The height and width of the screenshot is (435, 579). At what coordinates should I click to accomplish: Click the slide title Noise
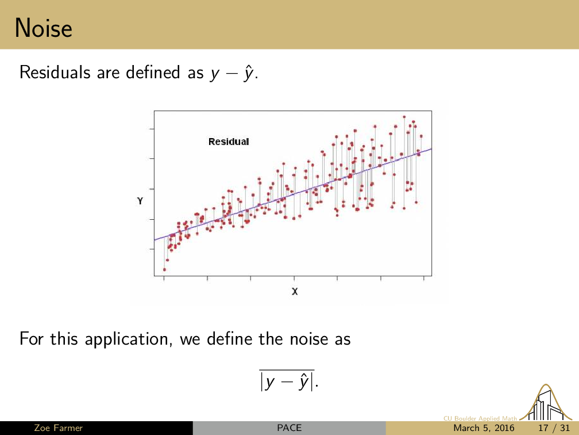44,28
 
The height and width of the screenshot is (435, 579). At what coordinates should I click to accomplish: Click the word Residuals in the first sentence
55,72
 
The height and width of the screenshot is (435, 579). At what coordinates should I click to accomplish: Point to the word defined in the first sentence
153,72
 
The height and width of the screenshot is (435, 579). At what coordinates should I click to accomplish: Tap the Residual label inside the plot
229,142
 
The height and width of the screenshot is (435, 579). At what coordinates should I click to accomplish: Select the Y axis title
140,201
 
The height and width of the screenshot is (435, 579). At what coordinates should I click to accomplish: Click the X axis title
295,292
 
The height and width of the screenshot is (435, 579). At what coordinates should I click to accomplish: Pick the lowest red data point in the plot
164,270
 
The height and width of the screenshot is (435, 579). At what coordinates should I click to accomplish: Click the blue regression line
293,194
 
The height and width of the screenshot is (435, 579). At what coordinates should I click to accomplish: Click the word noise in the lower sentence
308,339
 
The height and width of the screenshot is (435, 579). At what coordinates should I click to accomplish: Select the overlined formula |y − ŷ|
287,381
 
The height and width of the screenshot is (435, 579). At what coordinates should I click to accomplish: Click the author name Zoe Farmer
59,428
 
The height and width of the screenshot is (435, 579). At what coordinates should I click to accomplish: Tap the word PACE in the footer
289,428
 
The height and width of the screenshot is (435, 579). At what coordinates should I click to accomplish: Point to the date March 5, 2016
484,428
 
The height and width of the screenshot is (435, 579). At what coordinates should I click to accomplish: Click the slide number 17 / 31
554,428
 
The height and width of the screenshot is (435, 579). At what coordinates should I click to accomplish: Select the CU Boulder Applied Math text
480,418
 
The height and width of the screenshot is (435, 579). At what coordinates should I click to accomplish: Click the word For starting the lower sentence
30,339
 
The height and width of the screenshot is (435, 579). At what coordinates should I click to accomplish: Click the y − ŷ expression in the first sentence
232,72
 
